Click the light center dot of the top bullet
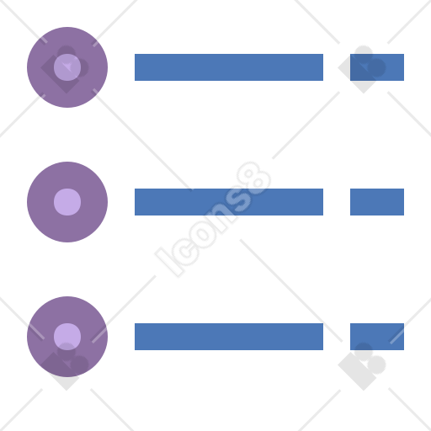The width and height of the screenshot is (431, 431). pos(67,67)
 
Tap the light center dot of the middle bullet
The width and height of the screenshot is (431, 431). pos(67,202)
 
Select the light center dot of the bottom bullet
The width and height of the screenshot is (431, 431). pos(67,337)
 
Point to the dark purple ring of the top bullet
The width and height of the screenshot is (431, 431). pos(40,67)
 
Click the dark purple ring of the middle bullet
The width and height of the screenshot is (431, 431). pos(40,202)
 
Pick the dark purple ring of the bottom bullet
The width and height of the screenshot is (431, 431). pos(40,337)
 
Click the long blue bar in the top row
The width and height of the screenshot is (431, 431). pos(229,67)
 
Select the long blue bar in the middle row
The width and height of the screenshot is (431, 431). pos(229,202)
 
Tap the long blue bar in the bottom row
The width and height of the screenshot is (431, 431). pos(229,337)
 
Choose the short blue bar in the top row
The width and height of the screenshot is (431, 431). pos(377,67)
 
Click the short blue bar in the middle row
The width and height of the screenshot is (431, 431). pos(377,202)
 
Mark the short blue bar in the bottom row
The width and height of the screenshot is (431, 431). pos(377,337)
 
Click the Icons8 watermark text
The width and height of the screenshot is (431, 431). pos(213,220)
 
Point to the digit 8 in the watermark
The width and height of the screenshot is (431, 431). pos(254,178)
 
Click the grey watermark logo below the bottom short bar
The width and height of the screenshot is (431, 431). pos(362,366)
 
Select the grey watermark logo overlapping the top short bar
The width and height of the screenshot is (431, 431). pos(362,69)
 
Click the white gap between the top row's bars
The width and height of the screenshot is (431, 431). pos(337,67)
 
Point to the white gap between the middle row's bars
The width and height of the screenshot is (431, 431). pos(337,202)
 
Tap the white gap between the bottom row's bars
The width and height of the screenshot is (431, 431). pos(337,337)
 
